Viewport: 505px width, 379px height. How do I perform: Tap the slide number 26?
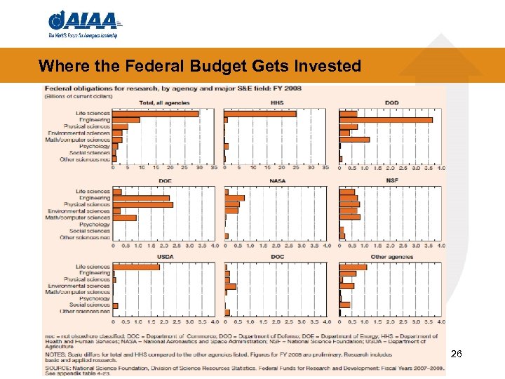coord(456,354)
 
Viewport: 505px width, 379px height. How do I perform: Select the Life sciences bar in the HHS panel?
coord(260,114)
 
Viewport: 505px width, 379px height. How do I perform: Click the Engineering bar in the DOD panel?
coord(386,120)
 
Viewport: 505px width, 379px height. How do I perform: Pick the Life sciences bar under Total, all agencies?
coord(155,114)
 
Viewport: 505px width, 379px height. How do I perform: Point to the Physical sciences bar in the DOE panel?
coord(142,204)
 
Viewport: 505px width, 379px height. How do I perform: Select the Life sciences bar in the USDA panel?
coord(136,267)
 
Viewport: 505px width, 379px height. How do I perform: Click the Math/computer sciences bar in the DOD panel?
coord(354,140)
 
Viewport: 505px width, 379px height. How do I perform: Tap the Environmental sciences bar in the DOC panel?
coord(231,286)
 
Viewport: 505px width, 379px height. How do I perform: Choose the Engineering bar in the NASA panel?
coord(234,198)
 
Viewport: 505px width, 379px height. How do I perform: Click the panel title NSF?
coord(391,180)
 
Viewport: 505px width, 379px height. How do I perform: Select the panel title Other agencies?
coord(391,257)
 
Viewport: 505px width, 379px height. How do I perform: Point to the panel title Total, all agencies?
coord(156,103)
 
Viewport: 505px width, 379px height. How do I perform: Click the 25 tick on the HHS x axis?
coord(296,168)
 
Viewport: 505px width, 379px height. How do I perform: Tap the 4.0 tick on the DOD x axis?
coord(440,168)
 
